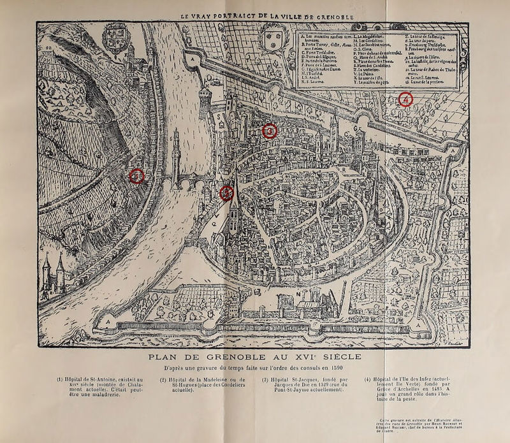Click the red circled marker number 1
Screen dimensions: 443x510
tap(136, 176)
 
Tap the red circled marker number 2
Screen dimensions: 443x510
tap(226, 192)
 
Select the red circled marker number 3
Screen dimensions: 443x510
tap(270, 131)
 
